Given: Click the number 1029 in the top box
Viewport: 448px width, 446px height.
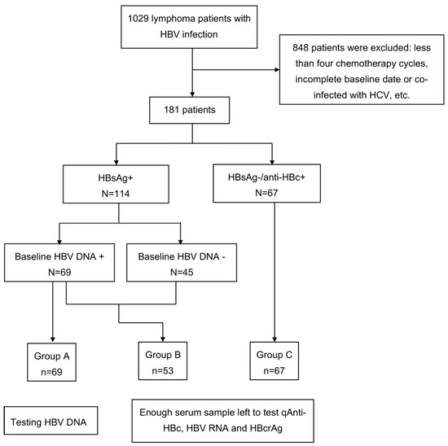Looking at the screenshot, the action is tap(138, 19).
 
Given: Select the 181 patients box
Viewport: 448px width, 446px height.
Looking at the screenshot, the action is tap(190, 110).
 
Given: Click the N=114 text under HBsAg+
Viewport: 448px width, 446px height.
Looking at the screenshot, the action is tap(116, 194).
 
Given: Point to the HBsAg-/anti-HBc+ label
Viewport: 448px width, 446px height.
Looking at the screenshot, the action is tap(266, 177).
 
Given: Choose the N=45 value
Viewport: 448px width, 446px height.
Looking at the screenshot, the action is tap(182, 272).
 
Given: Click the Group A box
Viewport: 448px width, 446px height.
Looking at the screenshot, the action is tap(51, 362).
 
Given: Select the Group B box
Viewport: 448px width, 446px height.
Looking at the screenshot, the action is tap(163, 361).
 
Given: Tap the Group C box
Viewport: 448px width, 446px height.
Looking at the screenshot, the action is tap(275, 361).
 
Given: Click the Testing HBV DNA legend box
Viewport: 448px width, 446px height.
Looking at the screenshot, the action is tap(51, 421).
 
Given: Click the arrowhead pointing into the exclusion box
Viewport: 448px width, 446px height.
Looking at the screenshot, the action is tap(277, 70).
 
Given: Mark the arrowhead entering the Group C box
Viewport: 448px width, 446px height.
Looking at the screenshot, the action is tap(275, 339).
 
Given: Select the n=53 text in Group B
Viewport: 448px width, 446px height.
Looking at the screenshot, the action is tap(163, 370).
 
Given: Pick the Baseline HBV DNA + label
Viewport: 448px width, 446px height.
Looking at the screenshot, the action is tap(59, 256).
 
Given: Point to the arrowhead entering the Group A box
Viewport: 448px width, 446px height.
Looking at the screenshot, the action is tap(53, 339).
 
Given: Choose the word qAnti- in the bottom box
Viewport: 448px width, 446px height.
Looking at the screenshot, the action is tap(293, 413).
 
